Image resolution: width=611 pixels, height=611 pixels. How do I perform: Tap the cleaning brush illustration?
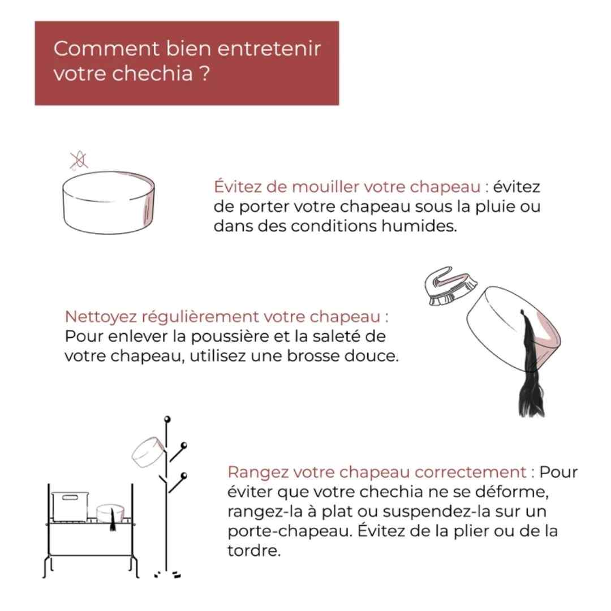[x=450, y=286]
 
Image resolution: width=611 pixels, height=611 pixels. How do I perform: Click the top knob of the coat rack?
[x=167, y=419]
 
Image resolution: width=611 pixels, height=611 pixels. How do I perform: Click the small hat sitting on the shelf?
[x=110, y=513]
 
